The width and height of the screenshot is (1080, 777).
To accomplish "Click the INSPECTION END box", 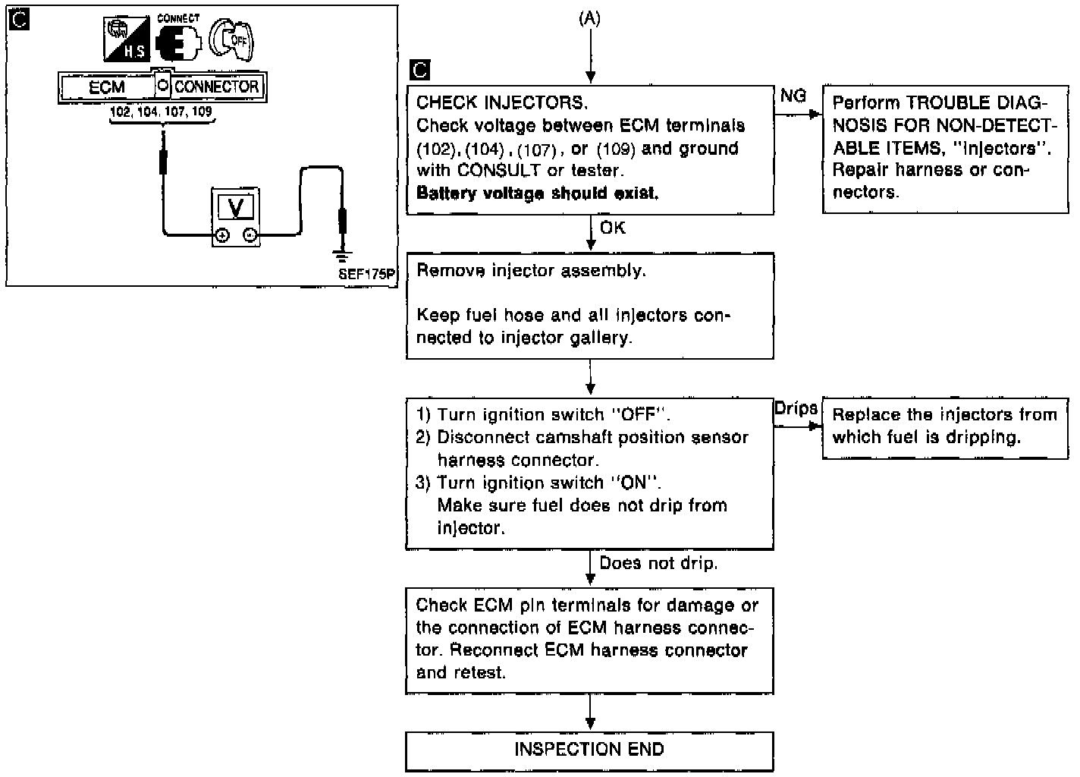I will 589,750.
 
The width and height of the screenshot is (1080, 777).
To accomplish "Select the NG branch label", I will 793,96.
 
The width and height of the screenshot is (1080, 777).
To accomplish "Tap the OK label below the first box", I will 613,228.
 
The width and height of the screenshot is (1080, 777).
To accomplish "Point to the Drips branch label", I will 796,408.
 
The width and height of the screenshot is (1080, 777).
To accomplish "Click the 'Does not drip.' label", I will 658,563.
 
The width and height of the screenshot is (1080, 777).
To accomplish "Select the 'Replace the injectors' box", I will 944,426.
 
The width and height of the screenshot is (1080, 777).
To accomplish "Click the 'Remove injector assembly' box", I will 589,305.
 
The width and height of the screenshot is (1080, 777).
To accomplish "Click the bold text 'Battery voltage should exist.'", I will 537,193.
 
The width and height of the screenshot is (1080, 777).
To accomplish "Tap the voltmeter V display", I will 235,207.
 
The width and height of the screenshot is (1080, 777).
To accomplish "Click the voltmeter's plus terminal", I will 221,236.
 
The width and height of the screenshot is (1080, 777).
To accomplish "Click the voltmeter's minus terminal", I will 250,236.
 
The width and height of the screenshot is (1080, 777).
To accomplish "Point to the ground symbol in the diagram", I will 342,256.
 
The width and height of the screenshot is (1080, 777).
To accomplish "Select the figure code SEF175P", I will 367,275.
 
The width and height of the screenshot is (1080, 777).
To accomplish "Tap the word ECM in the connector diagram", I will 107,87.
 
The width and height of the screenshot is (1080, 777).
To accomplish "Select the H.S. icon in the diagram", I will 125,40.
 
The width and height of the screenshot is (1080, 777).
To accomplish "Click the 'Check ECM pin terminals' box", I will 589,639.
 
